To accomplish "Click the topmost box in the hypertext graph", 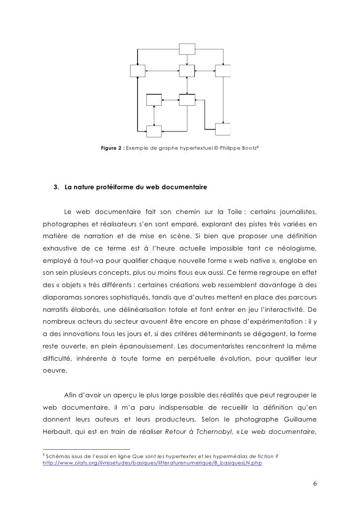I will click(x=187, y=48).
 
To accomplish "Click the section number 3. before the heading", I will click(x=56, y=188).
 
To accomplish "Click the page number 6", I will click(x=315, y=483).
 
